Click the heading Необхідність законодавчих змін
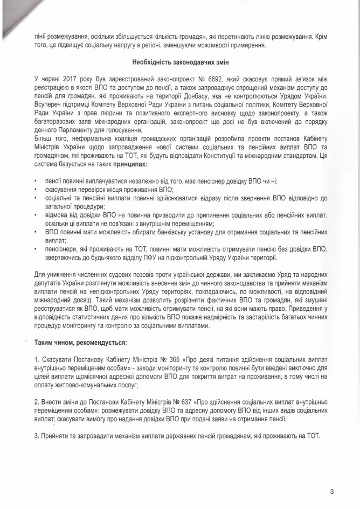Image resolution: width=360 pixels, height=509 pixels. pos(179,64)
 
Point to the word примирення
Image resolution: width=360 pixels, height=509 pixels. pos(242,48)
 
